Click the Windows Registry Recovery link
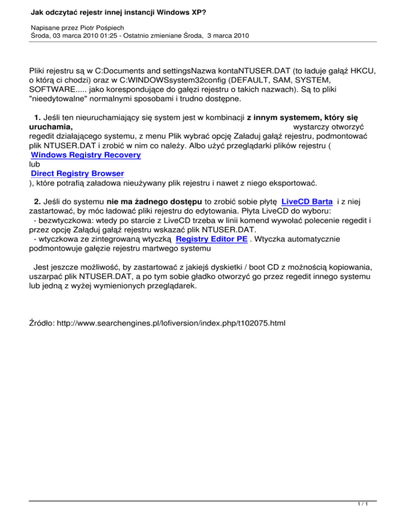[x=86, y=155]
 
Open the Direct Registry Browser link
[x=77, y=173]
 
